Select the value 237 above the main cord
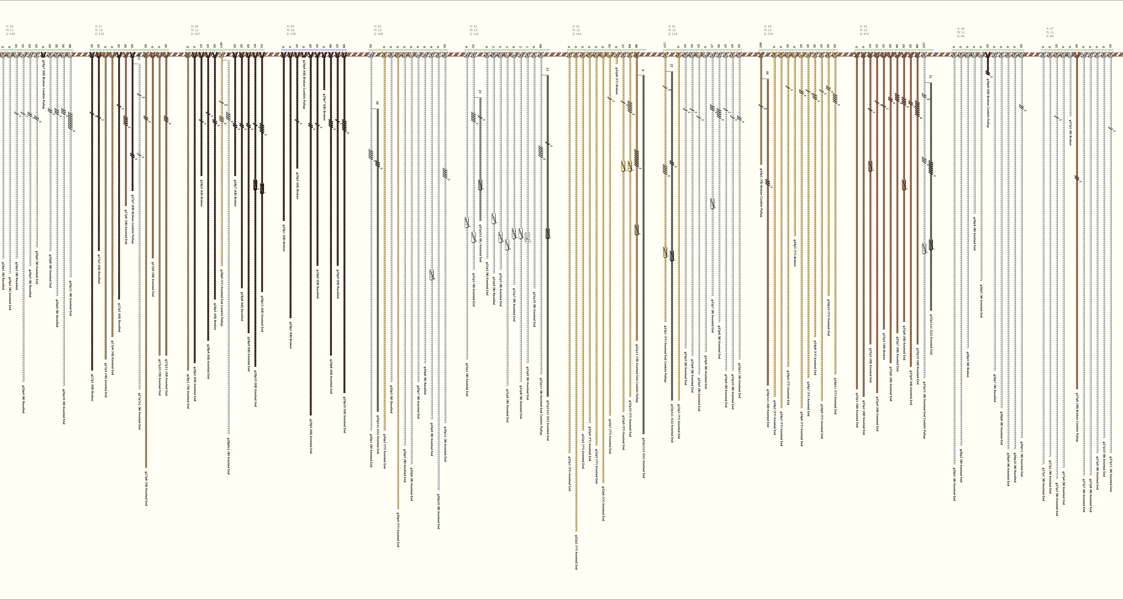click(x=924, y=45)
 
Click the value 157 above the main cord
click(x=665, y=45)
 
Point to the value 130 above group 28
click(x=221, y=45)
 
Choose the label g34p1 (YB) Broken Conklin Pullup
click(x=761, y=193)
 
